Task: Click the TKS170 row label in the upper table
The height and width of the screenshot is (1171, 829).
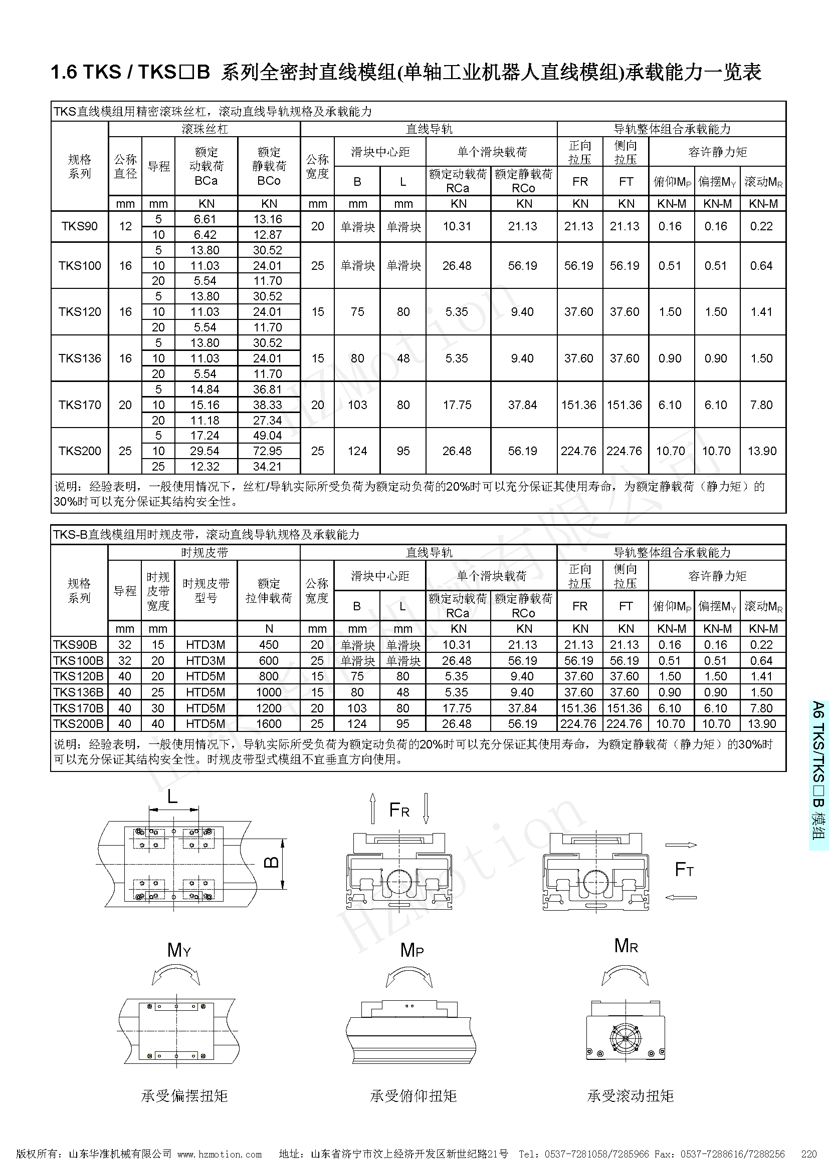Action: click(80, 405)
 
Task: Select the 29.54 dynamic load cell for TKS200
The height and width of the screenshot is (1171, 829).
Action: click(204, 451)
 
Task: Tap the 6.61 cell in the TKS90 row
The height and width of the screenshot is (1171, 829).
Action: click(205, 219)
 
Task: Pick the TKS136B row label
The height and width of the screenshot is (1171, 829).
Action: click(78, 692)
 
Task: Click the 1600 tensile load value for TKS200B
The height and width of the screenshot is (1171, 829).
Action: click(269, 724)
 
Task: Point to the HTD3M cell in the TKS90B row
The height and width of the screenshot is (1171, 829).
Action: click(205, 645)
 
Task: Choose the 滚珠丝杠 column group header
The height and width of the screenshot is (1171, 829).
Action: click(204, 129)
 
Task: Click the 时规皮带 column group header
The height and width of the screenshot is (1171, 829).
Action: click(204, 552)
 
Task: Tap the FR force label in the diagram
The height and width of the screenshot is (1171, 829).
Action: click(399, 810)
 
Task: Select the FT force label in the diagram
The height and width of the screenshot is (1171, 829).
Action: click(684, 869)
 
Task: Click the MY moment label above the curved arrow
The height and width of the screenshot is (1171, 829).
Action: click(178, 950)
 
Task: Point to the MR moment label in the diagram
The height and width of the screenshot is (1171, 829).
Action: click(626, 946)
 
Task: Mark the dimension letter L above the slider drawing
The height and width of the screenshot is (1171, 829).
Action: click(172, 797)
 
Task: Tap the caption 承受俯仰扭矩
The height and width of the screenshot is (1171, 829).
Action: click(413, 1095)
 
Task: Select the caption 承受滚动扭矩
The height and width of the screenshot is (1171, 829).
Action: click(630, 1095)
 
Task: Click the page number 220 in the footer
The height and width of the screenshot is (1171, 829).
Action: click(809, 1154)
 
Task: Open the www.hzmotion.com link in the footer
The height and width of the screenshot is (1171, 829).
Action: click(220, 1154)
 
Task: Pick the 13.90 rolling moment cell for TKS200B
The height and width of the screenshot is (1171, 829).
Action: click(762, 724)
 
